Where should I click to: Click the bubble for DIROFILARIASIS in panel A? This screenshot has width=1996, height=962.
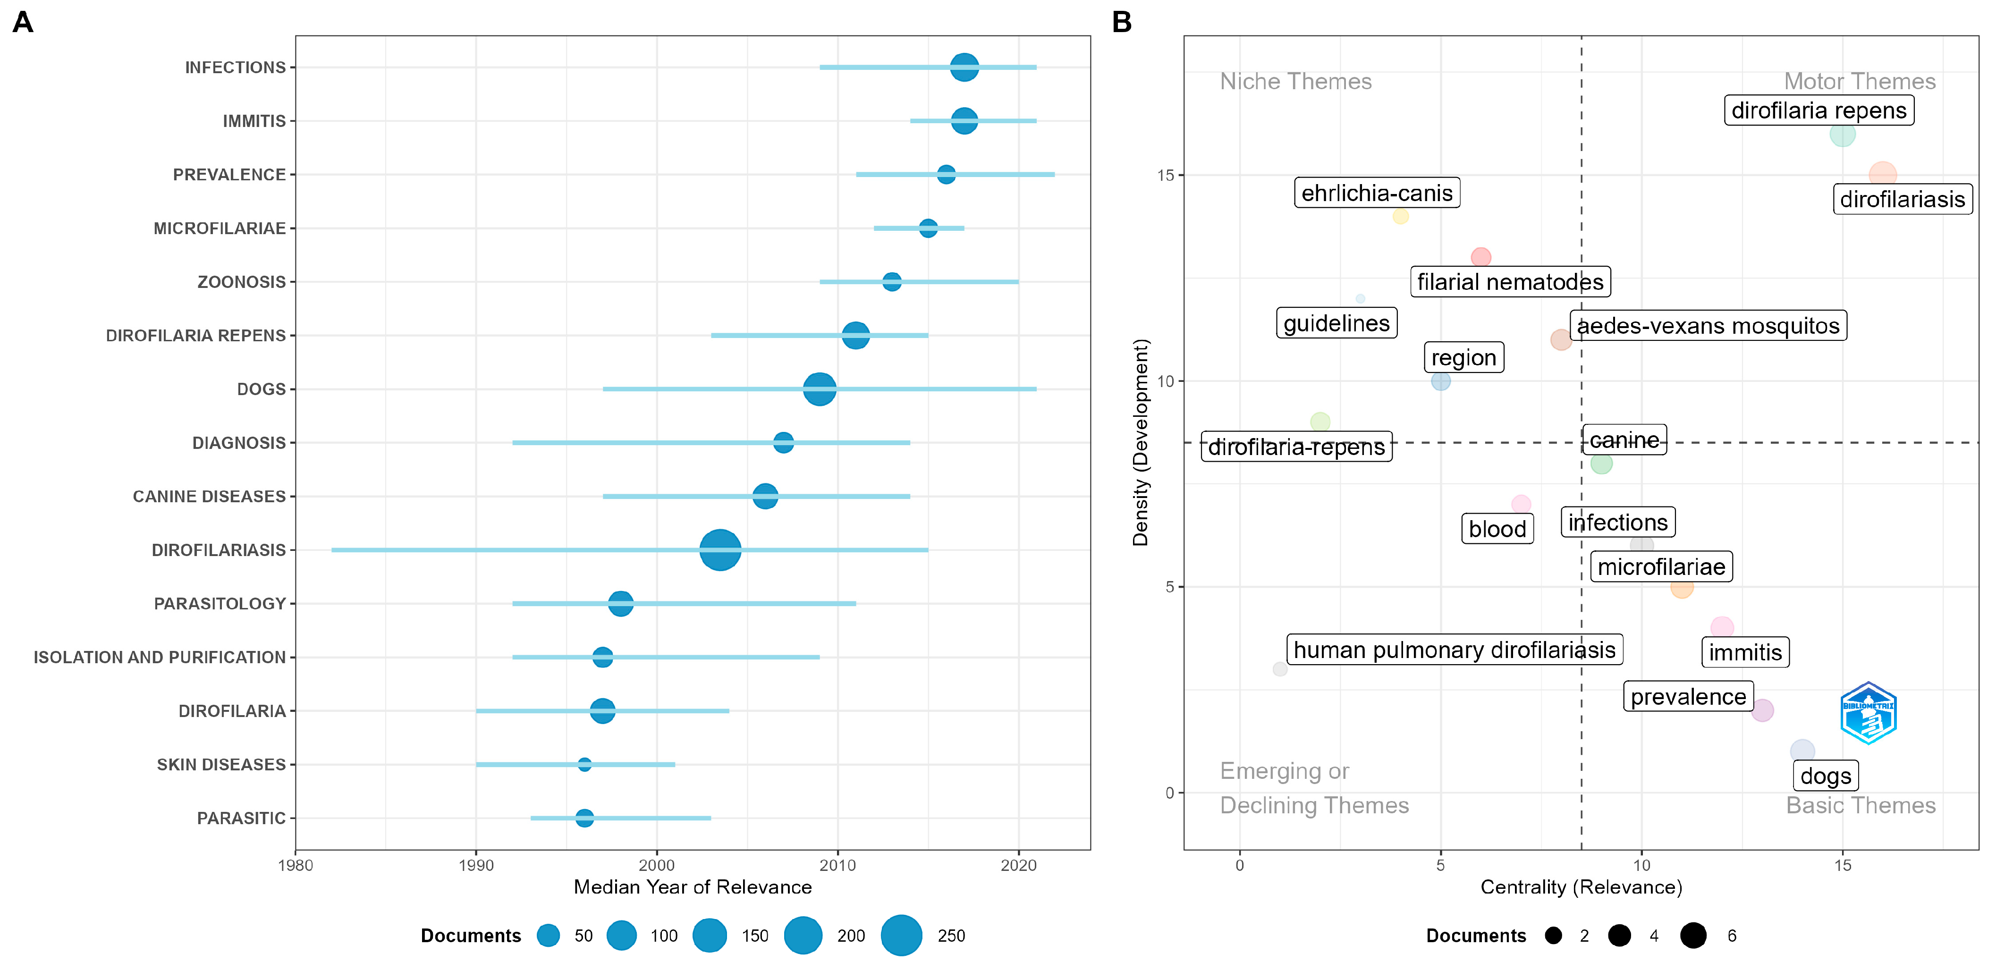720,550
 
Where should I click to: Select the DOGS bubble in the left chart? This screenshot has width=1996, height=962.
819,389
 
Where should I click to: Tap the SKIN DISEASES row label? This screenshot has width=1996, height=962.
221,765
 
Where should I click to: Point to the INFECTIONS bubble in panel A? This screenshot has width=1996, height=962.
964,68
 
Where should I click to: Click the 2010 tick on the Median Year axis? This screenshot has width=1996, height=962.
837,865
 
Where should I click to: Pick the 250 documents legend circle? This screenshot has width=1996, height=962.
901,935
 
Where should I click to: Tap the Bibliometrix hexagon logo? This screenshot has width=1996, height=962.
1868,713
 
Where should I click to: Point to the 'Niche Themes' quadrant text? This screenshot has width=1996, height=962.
1295,81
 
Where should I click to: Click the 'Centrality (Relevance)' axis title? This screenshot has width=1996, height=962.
1581,887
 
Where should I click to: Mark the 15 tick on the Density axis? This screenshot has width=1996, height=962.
1166,175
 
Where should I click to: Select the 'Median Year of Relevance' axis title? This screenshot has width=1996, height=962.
692,887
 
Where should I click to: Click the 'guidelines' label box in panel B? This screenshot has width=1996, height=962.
1336,323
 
